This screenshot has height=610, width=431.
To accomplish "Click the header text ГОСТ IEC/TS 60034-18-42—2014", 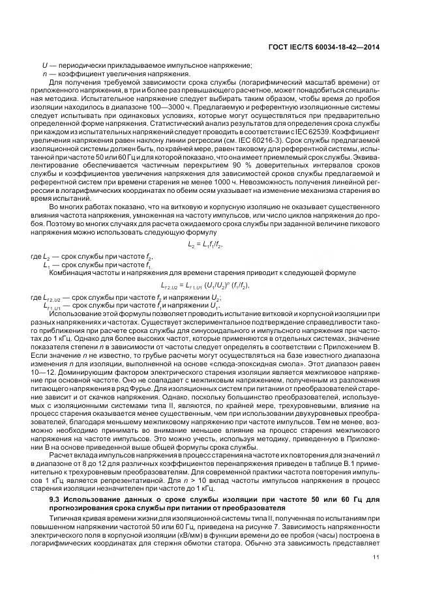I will (324, 48).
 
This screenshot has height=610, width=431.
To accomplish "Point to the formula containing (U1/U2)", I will (205, 267).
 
